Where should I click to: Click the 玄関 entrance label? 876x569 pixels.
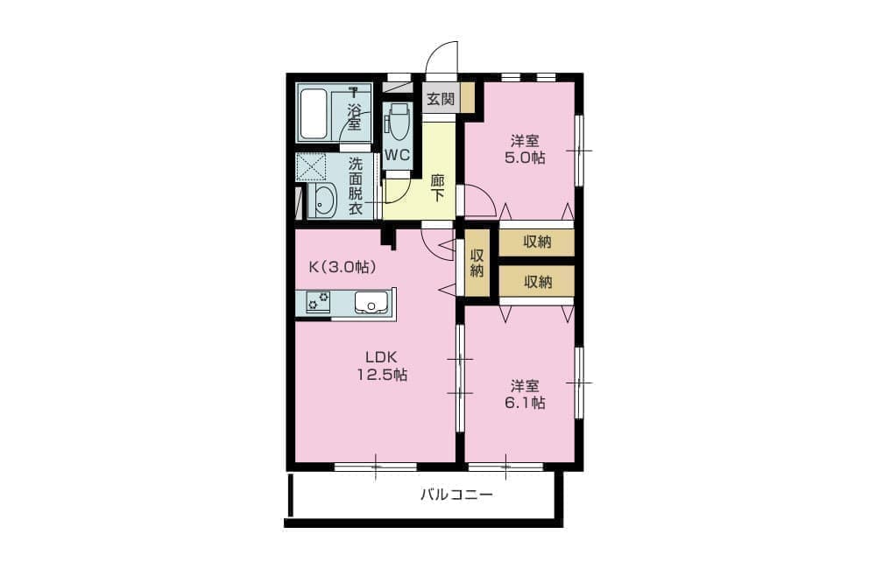click(441, 100)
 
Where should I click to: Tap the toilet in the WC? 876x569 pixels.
click(398, 122)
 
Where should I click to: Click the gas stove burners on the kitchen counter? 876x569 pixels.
click(317, 302)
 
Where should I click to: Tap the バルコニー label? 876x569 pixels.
click(456, 495)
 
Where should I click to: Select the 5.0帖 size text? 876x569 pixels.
click(525, 158)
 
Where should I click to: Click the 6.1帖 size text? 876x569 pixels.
click(525, 403)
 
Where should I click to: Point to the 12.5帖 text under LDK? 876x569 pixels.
click(382, 375)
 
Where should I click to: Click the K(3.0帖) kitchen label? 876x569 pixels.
click(342, 267)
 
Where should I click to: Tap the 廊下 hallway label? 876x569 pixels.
click(437, 188)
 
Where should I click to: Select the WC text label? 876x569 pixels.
click(397, 155)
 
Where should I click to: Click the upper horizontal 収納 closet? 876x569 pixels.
click(536, 242)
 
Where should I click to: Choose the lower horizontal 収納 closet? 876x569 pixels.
click(536, 281)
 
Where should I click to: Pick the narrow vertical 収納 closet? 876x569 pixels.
click(477, 263)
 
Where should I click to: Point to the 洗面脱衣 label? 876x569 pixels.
click(356, 186)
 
